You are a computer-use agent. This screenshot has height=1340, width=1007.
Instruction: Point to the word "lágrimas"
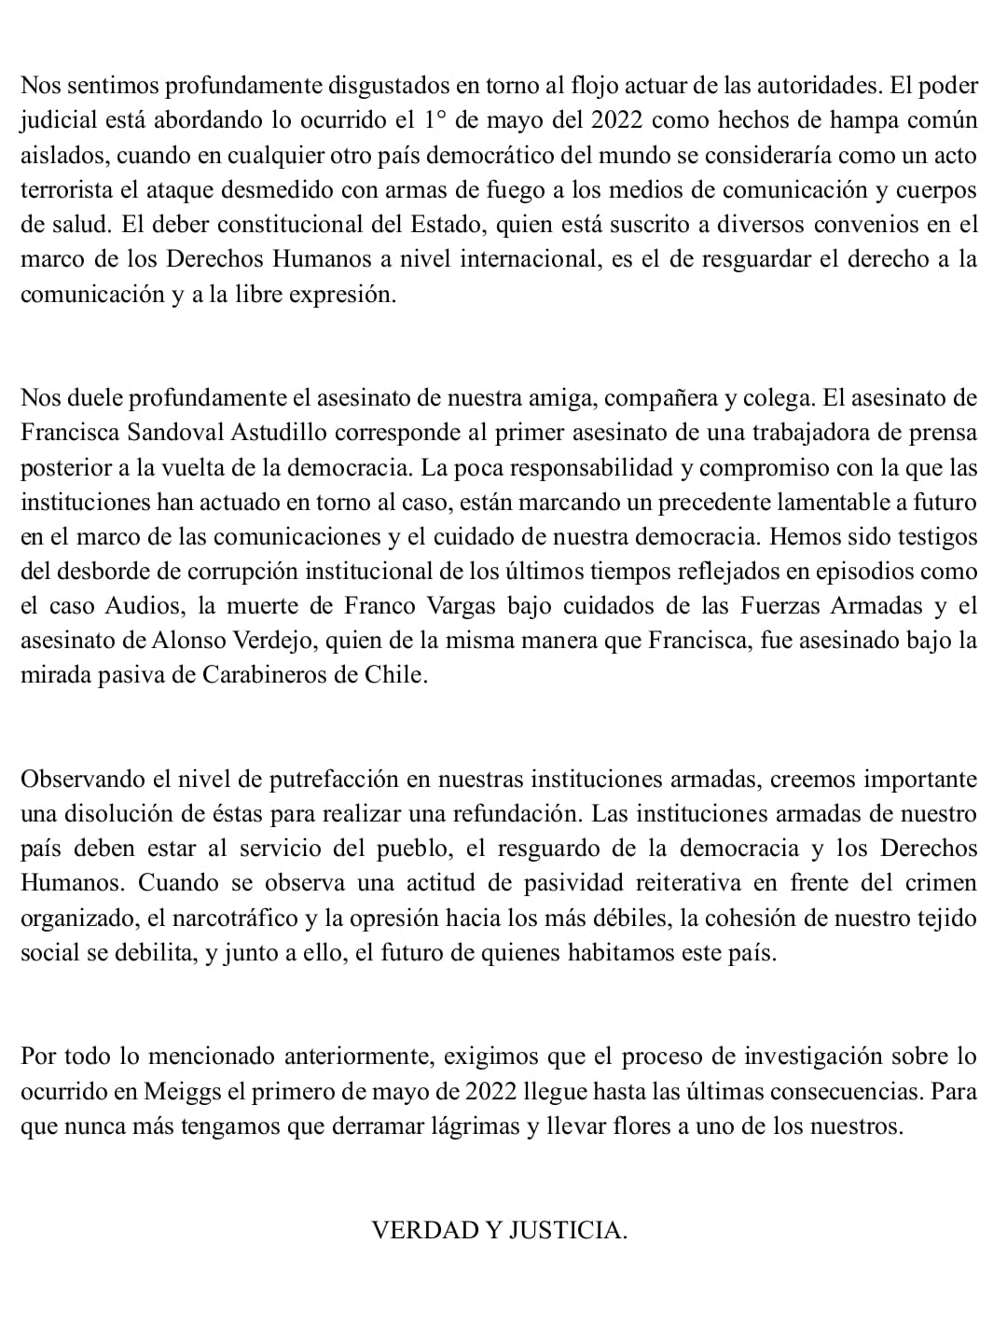click(476, 1126)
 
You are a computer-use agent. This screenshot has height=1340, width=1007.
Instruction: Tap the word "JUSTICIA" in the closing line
click(567, 1230)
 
